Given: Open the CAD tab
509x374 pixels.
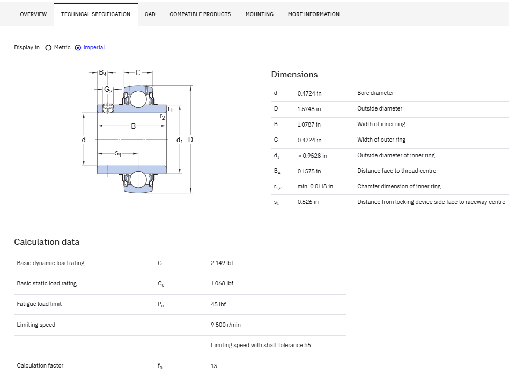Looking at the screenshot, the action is (150, 14).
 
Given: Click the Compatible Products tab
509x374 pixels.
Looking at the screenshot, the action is (200, 14).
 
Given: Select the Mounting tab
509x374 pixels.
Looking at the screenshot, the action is (260, 14).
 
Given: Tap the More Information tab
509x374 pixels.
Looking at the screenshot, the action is (314, 14).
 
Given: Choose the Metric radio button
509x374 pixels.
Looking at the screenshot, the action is (48, 48).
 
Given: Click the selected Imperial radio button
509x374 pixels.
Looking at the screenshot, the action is (78, 48).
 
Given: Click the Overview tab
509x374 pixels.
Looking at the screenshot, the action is (33, 14).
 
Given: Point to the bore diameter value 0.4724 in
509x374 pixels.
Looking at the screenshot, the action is (309, 93).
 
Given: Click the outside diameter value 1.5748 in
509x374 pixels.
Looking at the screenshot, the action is (309, 109).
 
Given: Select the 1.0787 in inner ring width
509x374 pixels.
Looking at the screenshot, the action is (309, 124).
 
